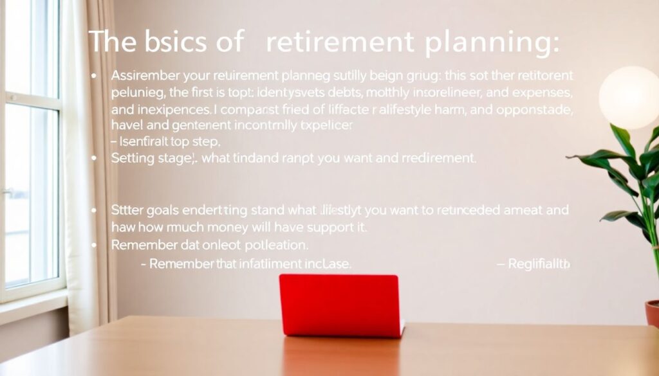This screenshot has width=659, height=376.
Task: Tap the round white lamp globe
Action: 629,97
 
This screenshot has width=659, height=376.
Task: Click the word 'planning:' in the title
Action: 493,42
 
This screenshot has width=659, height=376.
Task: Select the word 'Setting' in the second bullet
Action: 133,157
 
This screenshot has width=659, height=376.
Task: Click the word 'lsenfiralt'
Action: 149,141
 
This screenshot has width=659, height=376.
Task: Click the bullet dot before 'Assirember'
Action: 95,76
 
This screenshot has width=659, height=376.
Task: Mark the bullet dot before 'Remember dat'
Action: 95,246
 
